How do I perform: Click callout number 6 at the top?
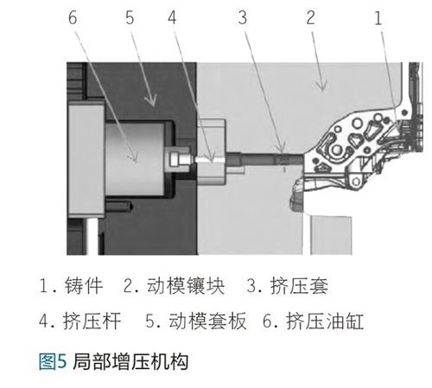click(73, 17)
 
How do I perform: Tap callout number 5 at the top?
click(130, 17)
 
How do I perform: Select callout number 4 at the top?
click(172, 17)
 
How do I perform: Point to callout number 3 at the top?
click(243, 17)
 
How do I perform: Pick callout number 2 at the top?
click(310, 17)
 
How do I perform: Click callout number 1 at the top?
click(378, 17)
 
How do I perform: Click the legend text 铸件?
click(84, 286)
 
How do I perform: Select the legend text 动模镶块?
click(186, 286)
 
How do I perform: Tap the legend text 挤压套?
click(299, 286)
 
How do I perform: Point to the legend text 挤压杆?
click(92, 321)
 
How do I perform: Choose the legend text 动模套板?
click(207, 321)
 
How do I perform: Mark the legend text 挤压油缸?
click(325, 321)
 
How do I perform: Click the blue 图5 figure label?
click(53, 361)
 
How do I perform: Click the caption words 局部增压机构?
click(130, 361)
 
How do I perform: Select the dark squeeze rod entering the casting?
click(264, 159)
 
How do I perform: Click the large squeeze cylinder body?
click(135, 158)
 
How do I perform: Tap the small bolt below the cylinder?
click(118, 207)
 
